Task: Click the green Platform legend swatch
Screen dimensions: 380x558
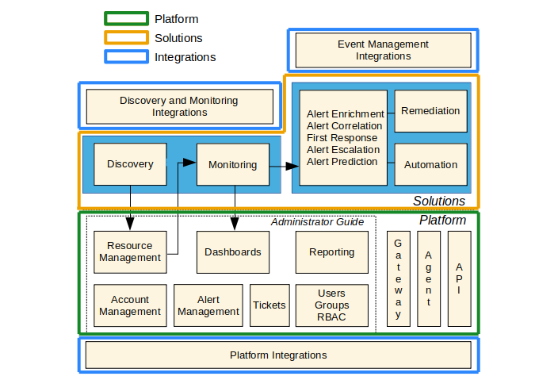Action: point(126,18)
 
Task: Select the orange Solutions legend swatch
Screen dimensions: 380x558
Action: point(126,37)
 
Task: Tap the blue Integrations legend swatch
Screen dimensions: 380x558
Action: point(126,56)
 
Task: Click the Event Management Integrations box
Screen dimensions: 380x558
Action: point(383,51)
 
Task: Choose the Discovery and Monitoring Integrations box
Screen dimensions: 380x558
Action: point(179,106)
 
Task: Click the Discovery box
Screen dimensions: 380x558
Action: point(130,164)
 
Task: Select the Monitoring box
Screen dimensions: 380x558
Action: point(232,164)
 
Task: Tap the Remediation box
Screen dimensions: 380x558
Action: point(430,111)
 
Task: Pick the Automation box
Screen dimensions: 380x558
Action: point(430,164)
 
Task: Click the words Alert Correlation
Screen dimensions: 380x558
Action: point(344,126)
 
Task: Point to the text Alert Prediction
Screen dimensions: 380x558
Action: point(342,162)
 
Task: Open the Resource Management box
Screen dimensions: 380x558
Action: point(130,251)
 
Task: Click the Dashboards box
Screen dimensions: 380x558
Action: point(232,251)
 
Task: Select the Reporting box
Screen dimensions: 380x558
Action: point(331,251)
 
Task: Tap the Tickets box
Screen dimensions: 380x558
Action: point(269,305)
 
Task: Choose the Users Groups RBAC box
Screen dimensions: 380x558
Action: point(331,305)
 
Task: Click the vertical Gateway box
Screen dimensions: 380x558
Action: point(398,278)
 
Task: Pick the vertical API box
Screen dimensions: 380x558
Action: point(459,278)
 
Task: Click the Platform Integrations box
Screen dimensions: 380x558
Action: point(278,355)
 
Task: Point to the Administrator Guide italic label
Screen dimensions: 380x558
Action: point(317,221)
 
